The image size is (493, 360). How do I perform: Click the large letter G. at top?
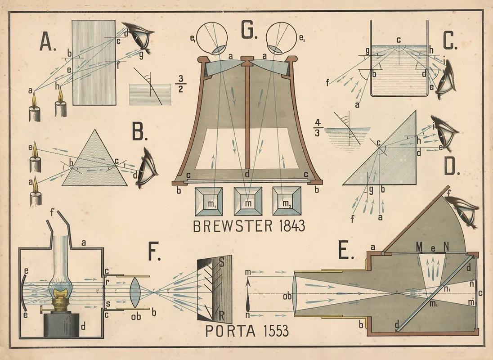click(x=249, y=31)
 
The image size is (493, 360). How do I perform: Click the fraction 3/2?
click(x=181, y=84)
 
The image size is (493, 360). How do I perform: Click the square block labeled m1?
click(x=209, y=202)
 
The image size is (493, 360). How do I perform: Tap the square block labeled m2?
click(x=287, y=202)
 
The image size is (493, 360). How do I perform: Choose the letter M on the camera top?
click(x=419, y=247)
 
